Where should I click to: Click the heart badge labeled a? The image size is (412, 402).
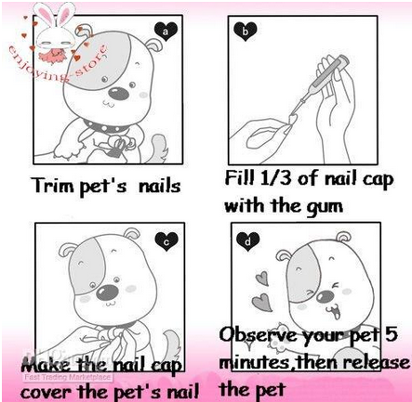point(167,30)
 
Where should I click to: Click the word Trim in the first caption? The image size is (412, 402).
point(55,186)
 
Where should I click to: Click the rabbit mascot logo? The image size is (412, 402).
point(48,25)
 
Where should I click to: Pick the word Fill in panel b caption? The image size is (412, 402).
point(245,176)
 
